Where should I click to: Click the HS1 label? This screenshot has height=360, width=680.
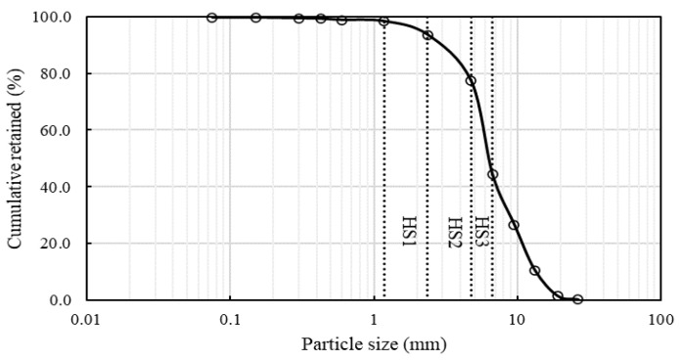[x=409, y=231]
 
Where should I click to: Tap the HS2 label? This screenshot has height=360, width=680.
[x=454, y=231]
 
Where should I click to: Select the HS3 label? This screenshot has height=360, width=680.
[x=482, y=231]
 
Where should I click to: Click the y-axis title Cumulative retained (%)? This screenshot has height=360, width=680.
[x=17, y=157]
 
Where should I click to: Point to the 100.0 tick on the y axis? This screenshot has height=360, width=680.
[x=55, y=17]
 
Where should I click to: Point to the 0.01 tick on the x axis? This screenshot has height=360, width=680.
[x=87, y=319]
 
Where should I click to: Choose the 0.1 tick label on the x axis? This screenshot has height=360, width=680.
[x=230, y=319]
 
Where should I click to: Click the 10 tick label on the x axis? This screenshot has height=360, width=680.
[x=518, y=319]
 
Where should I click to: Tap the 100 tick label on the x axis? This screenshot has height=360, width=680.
[x=660, y=319]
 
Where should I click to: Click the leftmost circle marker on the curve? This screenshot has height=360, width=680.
[x=212, y=18]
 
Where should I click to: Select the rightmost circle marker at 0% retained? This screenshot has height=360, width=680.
[x=577, y=299]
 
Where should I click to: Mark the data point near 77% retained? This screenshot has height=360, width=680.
[x=471, y=80]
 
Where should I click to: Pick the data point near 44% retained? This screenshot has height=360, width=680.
[x=492, y=174]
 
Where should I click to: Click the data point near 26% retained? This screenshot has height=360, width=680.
[x=514, y=225]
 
